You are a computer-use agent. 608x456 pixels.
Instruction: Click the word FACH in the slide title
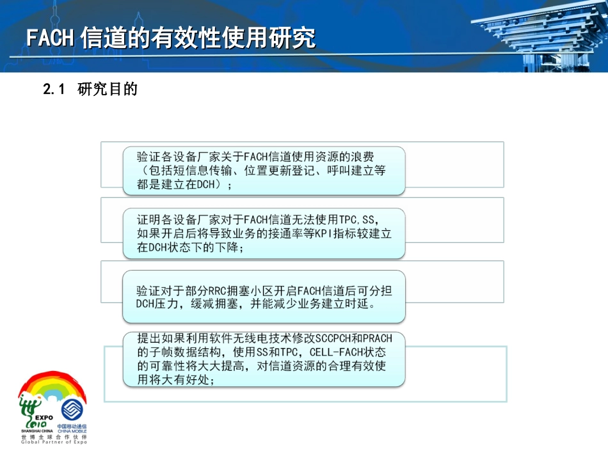[x=51, y=39]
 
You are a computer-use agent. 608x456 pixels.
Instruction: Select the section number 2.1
[x=54, y=90]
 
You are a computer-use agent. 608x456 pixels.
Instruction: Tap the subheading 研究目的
[x=108, y=90]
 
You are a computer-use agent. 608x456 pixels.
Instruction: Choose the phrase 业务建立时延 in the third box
[x=334, y=304]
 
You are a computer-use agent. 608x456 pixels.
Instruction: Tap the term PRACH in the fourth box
[x=377, y=338]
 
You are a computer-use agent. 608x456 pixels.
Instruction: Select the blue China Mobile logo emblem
[x=72, y=409]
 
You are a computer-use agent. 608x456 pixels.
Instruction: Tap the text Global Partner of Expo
[x=54, y=442]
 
